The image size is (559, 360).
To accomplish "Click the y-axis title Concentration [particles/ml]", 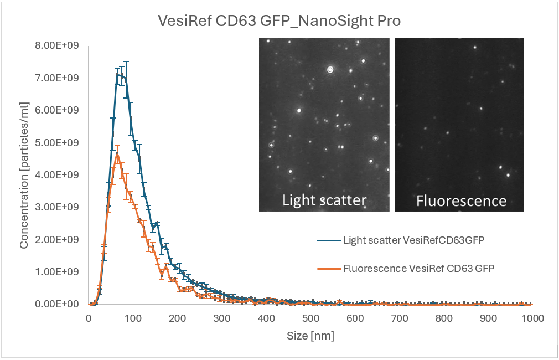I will (x=24, y=174).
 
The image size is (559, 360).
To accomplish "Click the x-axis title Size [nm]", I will (x=310, y=336).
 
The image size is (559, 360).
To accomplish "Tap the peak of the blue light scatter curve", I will (x=118, y=74).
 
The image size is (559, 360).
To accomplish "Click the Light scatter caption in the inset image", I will (x=324, y=200).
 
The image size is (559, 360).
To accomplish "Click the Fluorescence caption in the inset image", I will (x=461, y=200).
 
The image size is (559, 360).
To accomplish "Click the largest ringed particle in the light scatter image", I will (x=330, y=70).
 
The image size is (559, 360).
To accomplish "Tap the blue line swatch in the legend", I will (x=328, y=240).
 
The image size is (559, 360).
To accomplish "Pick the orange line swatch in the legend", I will (x=328, y=268).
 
